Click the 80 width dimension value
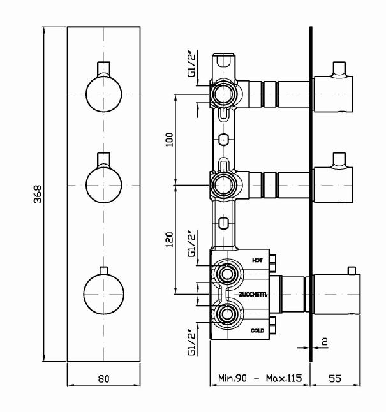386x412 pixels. tap(104, 378)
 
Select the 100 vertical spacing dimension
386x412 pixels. tap(170, 140)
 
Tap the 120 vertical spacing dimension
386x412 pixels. tap(170, 239)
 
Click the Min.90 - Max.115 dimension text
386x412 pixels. tap(259, 378)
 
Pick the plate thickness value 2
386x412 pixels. tap(325, 342)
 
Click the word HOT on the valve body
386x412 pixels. tap(257, 260)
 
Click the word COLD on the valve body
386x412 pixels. tap(257, 330)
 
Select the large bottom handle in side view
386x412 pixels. tap(336, 294)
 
